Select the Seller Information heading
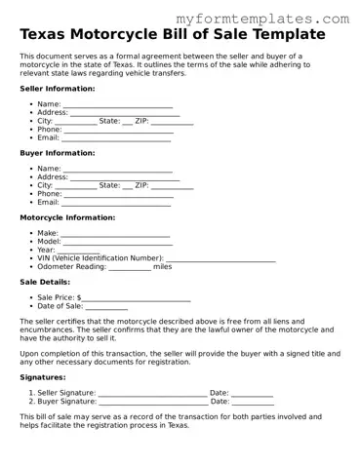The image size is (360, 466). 58,89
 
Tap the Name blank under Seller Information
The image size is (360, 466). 118,104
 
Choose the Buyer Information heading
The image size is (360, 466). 58,153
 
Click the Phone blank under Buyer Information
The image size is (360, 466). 118,194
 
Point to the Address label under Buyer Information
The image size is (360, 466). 53,177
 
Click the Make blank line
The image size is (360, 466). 116,234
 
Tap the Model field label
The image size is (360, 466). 50,242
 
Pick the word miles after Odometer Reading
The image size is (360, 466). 162,266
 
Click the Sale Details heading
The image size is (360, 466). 45,282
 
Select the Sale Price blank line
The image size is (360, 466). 137,298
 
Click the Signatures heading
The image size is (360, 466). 44,377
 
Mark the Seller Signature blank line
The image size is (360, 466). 152,393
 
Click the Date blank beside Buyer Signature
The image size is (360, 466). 253,401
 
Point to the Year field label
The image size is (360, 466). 47,251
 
